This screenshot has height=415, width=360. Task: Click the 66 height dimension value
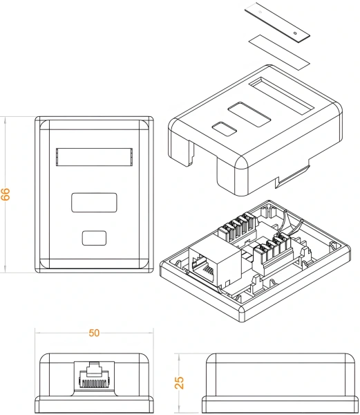click(6, 194)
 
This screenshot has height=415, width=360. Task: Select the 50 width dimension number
click(94, 333)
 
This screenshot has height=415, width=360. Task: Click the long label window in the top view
click(93, 157)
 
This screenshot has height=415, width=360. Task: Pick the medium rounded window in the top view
click(94, 203)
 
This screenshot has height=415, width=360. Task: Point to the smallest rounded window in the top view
click(94, 237)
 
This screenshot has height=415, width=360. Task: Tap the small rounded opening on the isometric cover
click(222, 129)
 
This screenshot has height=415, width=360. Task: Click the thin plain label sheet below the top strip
click(276, 50)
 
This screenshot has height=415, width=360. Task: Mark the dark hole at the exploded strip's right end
click(295, 32)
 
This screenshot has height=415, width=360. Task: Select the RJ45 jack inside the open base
click(211, 262)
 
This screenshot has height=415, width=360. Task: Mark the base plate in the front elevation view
click(94, 404)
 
